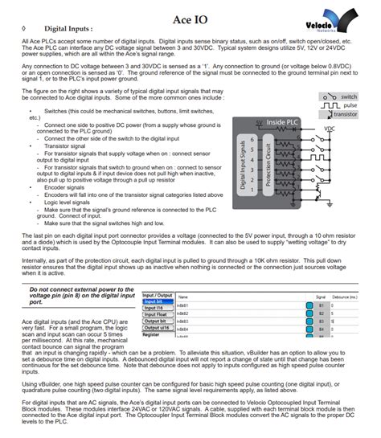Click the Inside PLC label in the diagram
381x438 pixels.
(x=281, y=123)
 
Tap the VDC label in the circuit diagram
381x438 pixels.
(x=330, y=129)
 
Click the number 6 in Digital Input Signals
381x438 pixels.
(x=253, y=139)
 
